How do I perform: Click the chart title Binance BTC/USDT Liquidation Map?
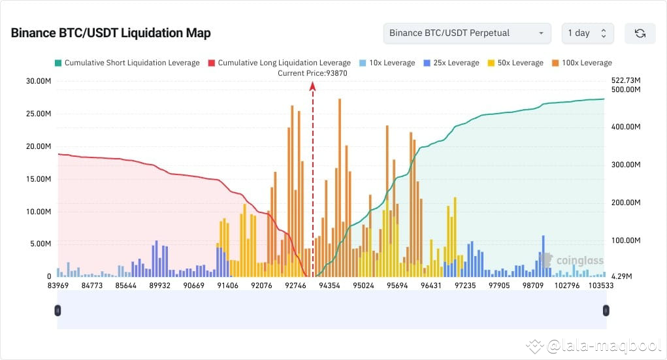[x=110, y=33]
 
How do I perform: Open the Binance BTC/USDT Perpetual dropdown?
[x=466, y=33]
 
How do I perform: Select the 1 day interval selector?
[x=587, y=33]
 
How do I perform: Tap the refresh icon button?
[x=640, y=33]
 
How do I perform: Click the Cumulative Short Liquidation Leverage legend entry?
[x=127, y=63]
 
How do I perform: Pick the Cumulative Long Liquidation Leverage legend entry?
[x=279, y=63]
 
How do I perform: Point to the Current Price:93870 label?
[x=312, y=73]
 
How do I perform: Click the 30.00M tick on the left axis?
[x=37, y=81]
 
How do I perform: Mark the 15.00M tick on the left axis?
[x=37, y=179]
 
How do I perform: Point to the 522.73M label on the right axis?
[x=626, y=80]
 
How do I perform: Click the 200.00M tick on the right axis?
[x=626, y=203]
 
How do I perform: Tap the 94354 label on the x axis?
[x=329, y=286]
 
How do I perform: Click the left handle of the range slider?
[x=57, y=310]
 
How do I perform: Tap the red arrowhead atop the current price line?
[x=313, y=86]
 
